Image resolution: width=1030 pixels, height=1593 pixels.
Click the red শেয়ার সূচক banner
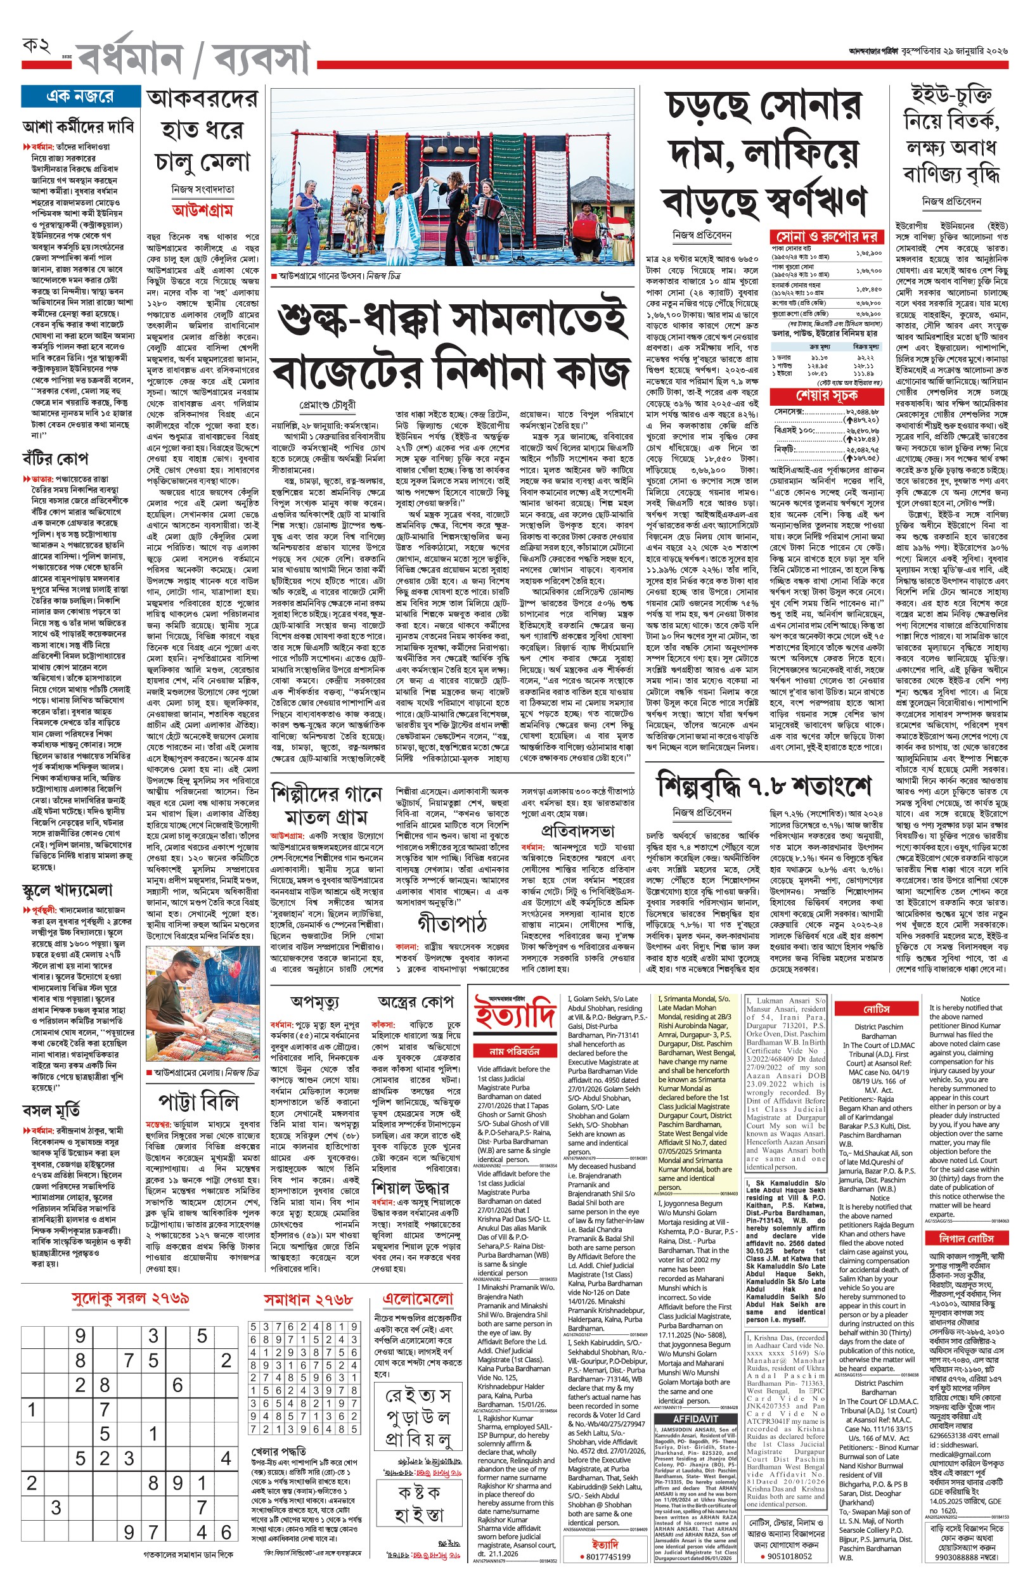(827, 396)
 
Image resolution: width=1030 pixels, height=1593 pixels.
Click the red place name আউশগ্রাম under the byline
(202, 210)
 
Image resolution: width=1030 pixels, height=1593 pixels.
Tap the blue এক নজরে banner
(80, 96)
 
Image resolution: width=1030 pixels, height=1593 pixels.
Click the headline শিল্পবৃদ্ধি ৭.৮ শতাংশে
(764, 786)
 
